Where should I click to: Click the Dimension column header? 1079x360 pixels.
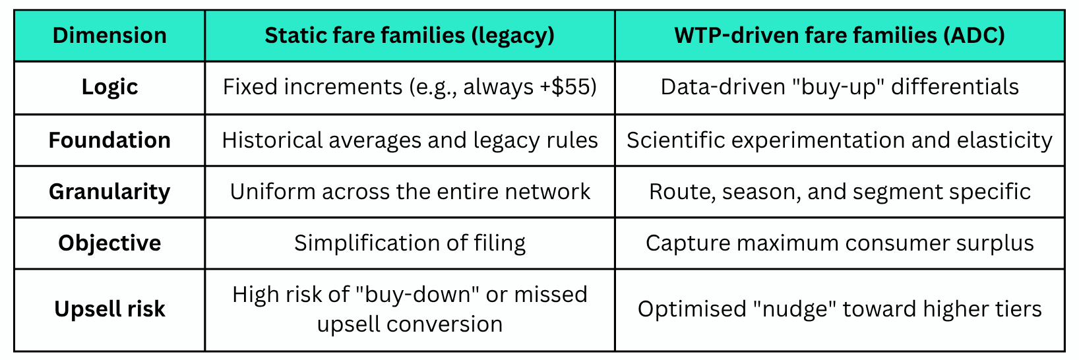click(109, 36)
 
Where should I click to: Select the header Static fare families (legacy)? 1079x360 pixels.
click(410, 36)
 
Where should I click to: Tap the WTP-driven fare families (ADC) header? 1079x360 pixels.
click(840, 36)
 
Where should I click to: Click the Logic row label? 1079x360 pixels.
click(109, 87)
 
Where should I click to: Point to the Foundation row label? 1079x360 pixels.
click(109, 140)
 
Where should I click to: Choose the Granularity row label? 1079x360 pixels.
click(109, 192)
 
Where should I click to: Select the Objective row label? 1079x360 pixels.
click(109, 243)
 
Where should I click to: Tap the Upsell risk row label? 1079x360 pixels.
click(109, 309)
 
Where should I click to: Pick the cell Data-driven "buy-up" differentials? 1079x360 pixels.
click(840, 87)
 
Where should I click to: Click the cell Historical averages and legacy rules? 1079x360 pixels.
click(410, 140)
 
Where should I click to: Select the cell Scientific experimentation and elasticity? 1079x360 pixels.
click(840, 140)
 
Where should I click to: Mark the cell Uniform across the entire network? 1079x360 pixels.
click(410, 192)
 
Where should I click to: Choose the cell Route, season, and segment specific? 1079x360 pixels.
click(840, 192)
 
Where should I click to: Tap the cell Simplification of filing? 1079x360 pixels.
click(410, 243)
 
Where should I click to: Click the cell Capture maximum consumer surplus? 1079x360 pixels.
click(840, 243)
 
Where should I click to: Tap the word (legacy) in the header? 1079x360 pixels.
click(512, 36)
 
